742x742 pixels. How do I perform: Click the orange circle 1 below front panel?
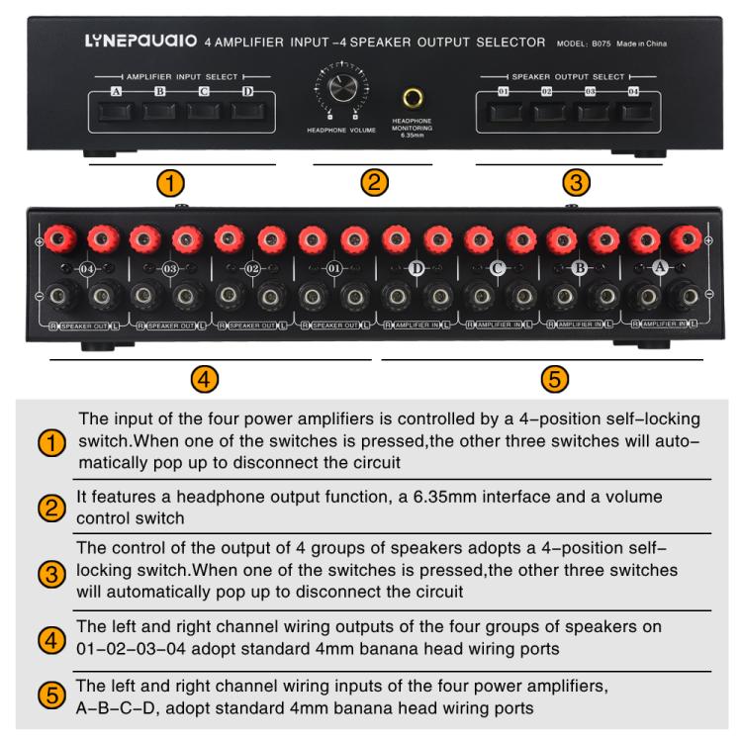(x=173, y=182)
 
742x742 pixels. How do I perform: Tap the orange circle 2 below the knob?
(x=374, y=182)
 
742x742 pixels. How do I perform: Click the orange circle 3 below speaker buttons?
(x=575, y=182)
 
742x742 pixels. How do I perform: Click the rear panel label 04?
(x=87, y=268)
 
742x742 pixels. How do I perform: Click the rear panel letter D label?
(x=416, y=268)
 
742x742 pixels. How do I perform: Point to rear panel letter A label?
(x=661, y=268)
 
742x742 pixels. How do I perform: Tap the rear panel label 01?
(x=333, y=268)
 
